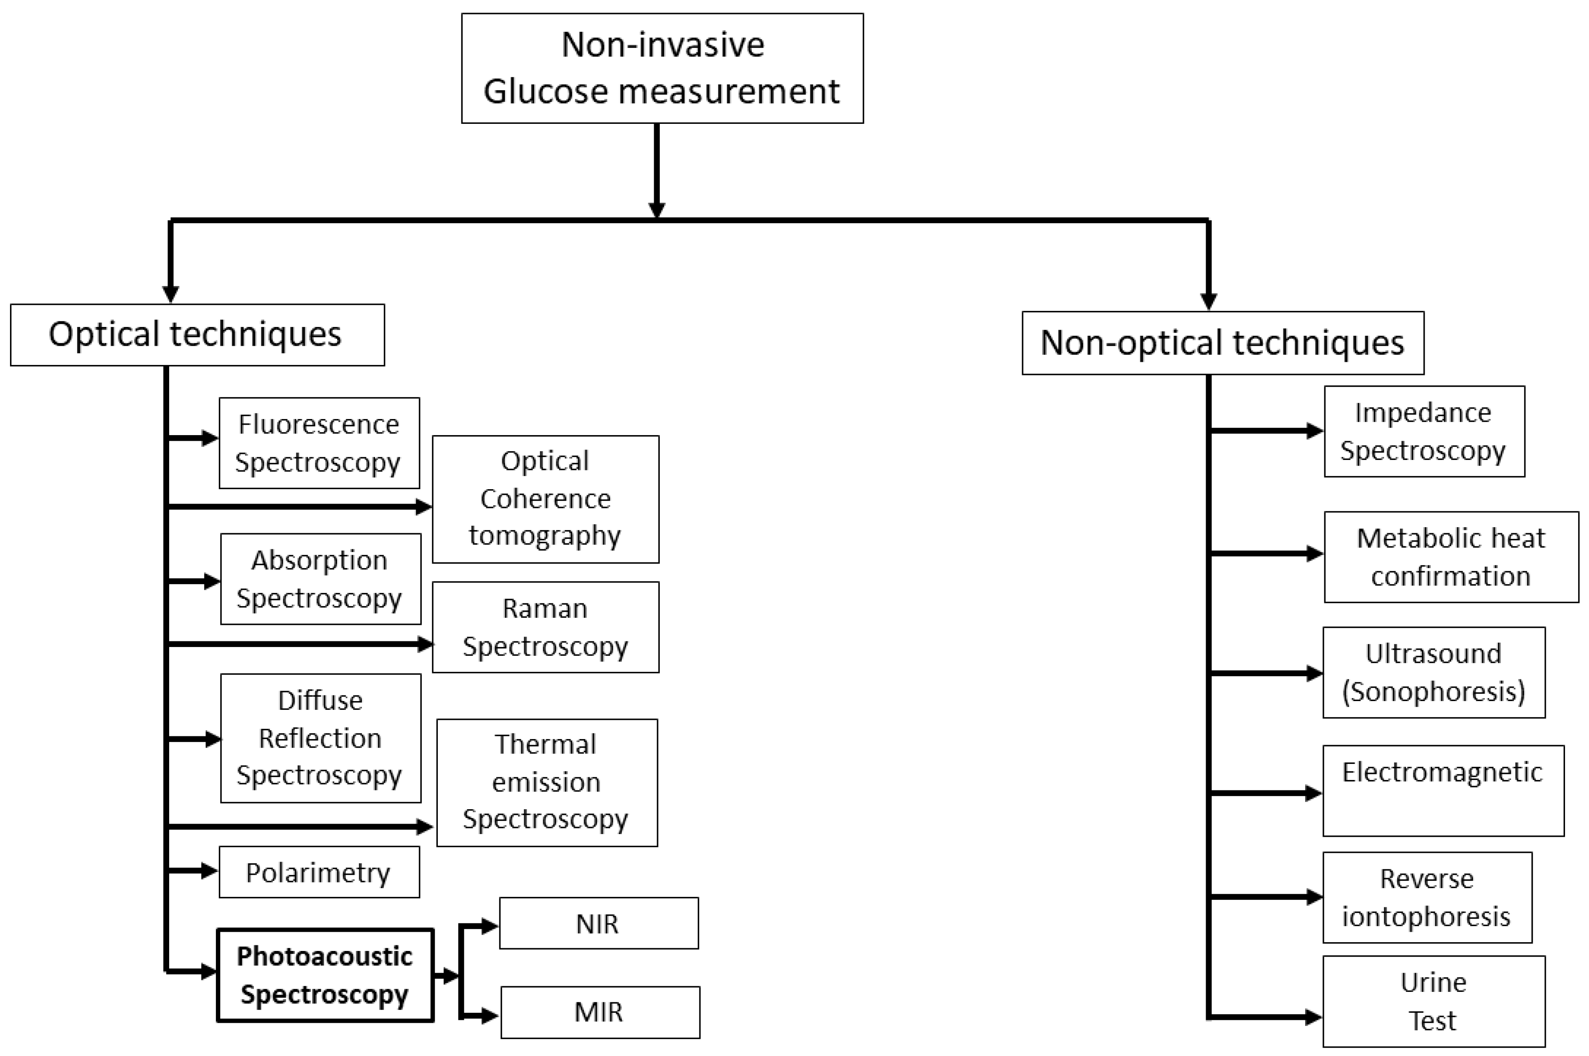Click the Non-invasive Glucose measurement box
[662, 68]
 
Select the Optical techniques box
[198, 335]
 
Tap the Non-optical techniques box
[1223, 343]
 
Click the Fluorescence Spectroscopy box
[319, 443]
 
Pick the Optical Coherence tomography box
[545, 499]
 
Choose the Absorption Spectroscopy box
[320, 579]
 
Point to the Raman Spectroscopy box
[545, 627]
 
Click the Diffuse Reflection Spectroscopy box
[320, 738]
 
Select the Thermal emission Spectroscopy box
[546, 783]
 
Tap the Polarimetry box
[319, 872]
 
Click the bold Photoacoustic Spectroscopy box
[325, 975]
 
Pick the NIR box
[598, 923]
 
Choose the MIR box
[600, 1012]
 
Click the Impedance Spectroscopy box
[1424, 432]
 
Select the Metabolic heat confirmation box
[1451, 557]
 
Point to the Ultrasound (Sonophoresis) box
[1433, 673]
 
